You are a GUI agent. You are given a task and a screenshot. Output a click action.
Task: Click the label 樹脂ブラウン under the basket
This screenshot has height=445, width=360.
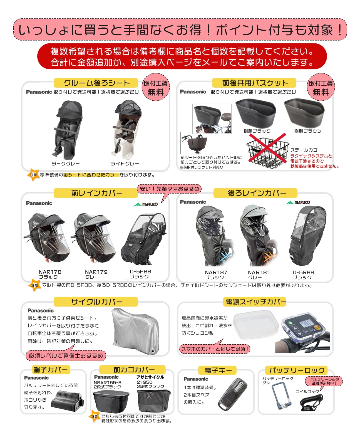(x=308, y=131)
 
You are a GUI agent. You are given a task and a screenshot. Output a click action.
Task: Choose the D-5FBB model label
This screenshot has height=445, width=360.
(x=140, y=272)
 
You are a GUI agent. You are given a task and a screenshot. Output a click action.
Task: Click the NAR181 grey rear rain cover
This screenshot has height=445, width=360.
(x=259, y=235)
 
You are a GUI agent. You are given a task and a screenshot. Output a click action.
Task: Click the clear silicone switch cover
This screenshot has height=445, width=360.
(x=255, y=325)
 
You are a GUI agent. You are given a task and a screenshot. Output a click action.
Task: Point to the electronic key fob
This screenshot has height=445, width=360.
(x=232, y=394)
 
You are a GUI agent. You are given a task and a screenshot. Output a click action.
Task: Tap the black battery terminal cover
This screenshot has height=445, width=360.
(x=67, y=399)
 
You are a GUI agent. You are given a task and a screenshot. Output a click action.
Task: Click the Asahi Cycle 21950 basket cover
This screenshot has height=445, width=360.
(x=154, y=401)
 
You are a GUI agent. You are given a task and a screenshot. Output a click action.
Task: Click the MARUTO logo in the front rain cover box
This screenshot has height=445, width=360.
(x=146, y=204)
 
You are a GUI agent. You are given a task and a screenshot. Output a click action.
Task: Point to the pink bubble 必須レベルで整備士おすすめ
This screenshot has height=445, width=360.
(x=66, y=355)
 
